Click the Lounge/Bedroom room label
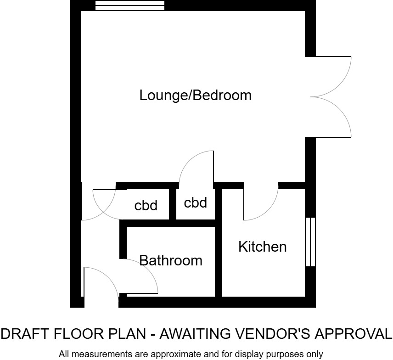pyautogui.click(x=196, y=96)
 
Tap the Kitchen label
pyautogui.click(x=262, y=247)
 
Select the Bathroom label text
pyautogui.click(x=171, y=260)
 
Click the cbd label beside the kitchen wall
pyautogui.click(x=196, y=202)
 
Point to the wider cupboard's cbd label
pyautogui.click(x=146, y=205)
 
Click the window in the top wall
pyautogui.click(x=130, y=5)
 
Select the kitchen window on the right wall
pyautogui.click(x=311, y=242)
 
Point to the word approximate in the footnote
pyautogui.click(x=174, y=354)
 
